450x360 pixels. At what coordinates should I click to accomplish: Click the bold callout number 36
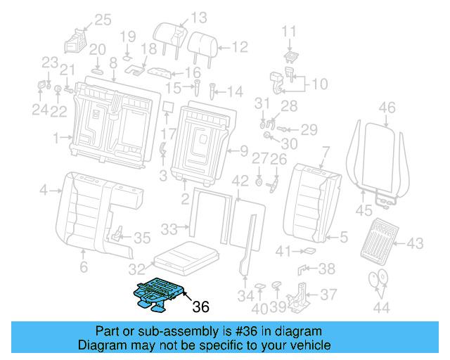(200, 307)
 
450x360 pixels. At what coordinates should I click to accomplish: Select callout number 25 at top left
(103, 20)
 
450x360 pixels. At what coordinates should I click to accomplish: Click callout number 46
(387, 108)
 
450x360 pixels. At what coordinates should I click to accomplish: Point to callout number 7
(325, 150)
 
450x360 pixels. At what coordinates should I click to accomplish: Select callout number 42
(240, 181)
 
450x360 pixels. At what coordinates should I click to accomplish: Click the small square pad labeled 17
(167, 107)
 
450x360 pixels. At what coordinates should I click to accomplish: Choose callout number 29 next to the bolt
(309, 129)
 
